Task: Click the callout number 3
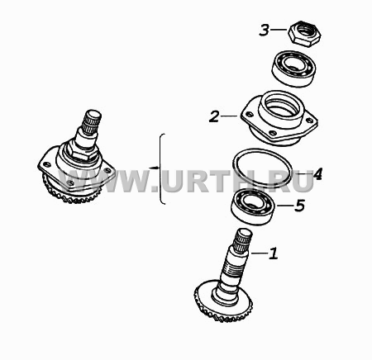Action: (264, 30)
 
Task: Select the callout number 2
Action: (214, 116)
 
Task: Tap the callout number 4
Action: (317, 174)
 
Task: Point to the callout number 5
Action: (300, 206)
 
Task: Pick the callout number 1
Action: (274, 253)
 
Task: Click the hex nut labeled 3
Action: (304, 34)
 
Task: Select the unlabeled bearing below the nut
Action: (294, 69)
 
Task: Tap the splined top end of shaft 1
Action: (243, 239)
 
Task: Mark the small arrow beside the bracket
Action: (154, 168)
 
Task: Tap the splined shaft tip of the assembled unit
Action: (92, 121)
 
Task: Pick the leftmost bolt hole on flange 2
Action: (249, 114)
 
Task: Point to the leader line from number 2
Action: (229, 116)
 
